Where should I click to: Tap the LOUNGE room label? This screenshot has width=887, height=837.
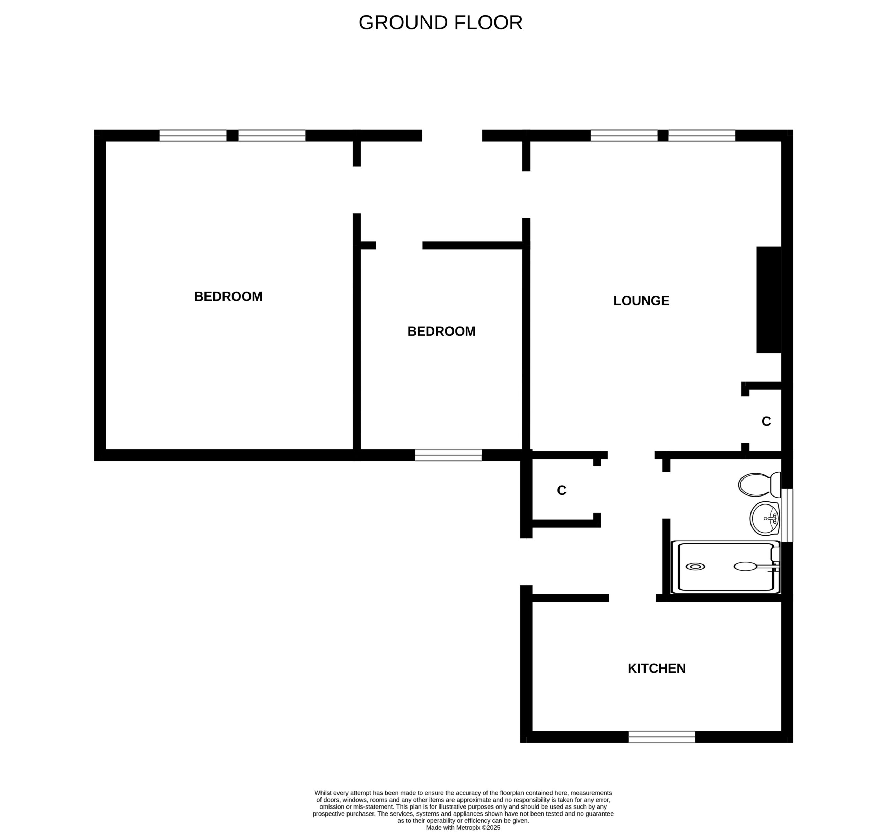(641, 301)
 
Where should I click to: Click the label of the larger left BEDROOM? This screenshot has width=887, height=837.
(228, 296)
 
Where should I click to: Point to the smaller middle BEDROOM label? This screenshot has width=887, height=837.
(441, 331)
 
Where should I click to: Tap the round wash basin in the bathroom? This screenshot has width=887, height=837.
(765, 518)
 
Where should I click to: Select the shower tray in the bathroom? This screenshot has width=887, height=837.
(726, 567)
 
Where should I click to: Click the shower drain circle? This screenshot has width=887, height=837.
(695, 567)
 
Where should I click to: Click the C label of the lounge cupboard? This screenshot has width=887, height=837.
(766, 421)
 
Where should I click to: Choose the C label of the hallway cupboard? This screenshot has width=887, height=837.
(562, 491)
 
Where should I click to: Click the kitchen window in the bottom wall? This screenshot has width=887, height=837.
(662, 737)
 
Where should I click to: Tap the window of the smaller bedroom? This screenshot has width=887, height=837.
(448, 455)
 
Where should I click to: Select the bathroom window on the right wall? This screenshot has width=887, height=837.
(788, 515)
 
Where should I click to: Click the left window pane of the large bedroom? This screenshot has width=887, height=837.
(193, 136)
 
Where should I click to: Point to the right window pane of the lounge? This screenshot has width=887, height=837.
(702, 136)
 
